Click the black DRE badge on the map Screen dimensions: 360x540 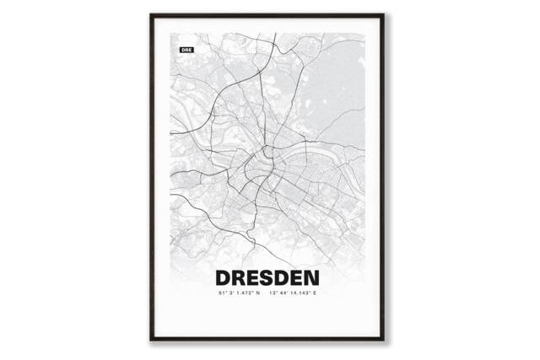[186, 51]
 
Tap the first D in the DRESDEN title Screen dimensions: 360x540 [225, 277]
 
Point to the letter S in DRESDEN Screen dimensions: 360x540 [273, 277]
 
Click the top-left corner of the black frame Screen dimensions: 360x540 [151, 14]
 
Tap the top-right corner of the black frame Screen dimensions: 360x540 [390, 14]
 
